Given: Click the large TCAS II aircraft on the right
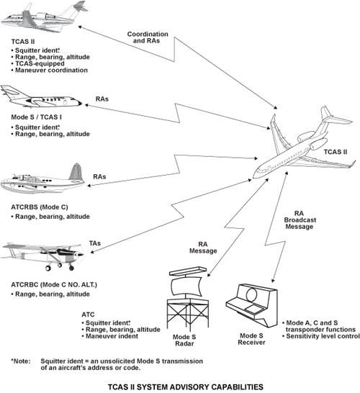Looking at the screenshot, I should (302, 148).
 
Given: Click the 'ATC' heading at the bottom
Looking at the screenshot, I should (88, 315).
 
